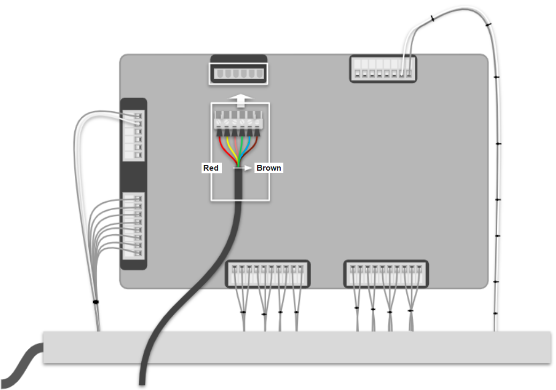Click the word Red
click(x=211, y=168)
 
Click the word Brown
click(x=268, y=168)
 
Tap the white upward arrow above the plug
click(x=241, y=101)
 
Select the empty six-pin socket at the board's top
click(x=238, y=74)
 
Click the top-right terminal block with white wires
click(x=383, y=69)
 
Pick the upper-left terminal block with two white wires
click(x=134, y=135)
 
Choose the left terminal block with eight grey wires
click(x=134, y=226)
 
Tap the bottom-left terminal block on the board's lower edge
click(x=268, y=274)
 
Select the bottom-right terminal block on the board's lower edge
click(x=386, y=274)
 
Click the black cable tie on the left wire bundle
click(x=95, y=302)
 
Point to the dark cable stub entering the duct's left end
click(x=21, y=365)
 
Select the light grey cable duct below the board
click(x=297, y=347)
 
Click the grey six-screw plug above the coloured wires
click(x=238, y=120)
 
